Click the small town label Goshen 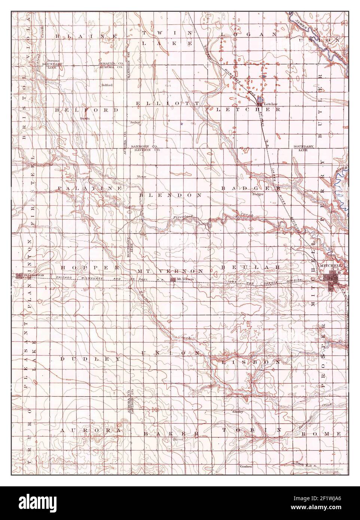pyautogui.click(x=246, y=467)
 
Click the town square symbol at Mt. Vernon pyautogui.click(x=173, y=279)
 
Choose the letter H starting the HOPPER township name pyautogui.click(x=63, y=267)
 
